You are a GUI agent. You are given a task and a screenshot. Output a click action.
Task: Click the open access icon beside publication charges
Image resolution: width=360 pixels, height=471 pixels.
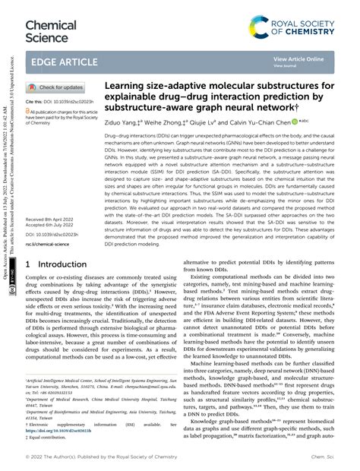[x=29, y=110]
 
